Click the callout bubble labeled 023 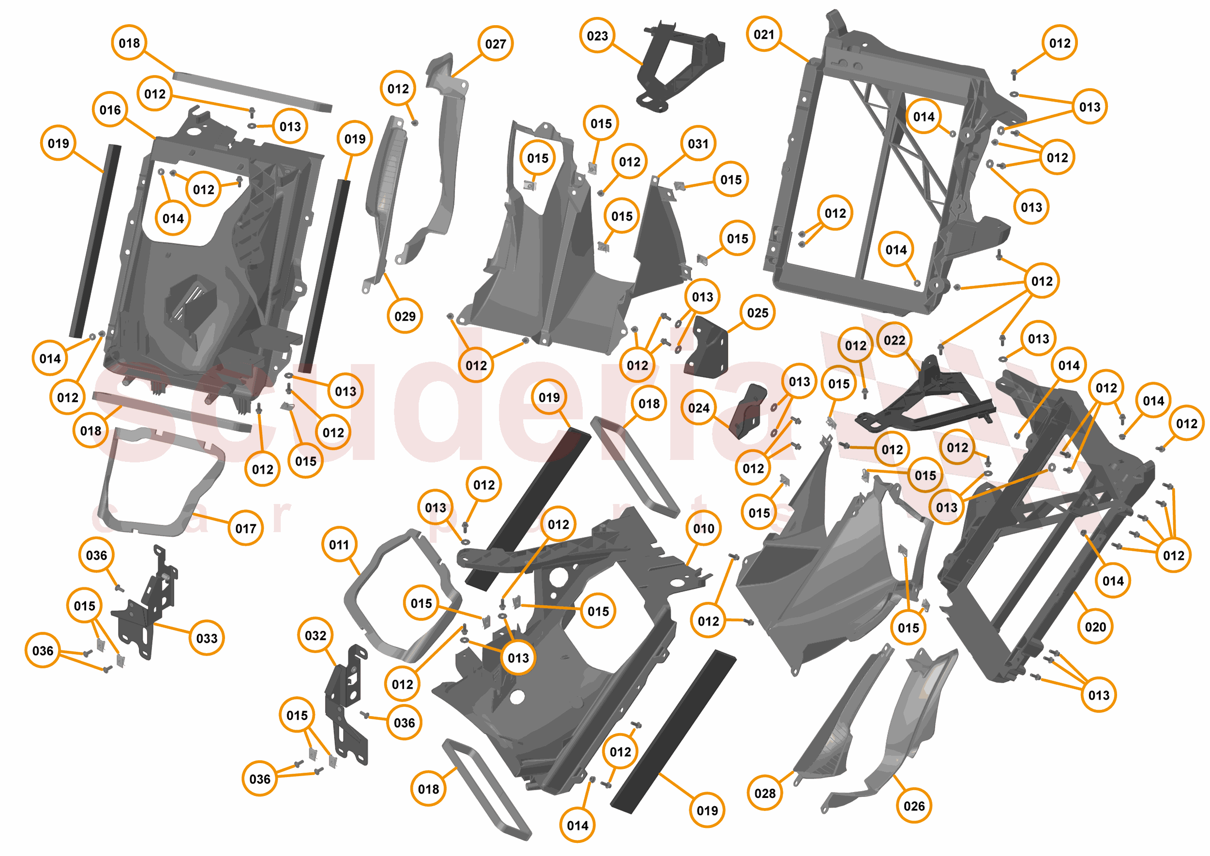coord(597,36)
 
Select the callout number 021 coord(764,35)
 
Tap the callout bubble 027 coord(496,44)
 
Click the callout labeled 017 coord(245,528)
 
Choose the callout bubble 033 coord(207,638)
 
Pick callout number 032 coord(315,636)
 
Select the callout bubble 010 coord(704,528)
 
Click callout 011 coord(339,545)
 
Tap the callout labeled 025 coord(757,313)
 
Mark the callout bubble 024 coord(699,408)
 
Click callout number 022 coord(894,340)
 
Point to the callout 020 coord(1095,627)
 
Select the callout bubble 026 coord(914,806)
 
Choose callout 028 coord(765,793)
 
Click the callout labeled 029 coord(405,316)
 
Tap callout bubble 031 coord(698,143)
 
